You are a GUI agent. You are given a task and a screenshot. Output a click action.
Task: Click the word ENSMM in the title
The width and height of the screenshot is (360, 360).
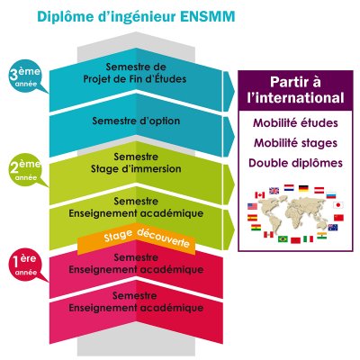(208, 16)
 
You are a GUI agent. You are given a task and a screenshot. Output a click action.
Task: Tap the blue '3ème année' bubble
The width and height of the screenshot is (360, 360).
(26, 76)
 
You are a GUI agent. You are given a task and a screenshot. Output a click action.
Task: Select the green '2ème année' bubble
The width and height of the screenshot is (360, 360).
(26, 169)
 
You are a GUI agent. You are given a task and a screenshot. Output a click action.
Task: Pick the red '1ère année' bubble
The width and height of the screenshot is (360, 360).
(26, 265)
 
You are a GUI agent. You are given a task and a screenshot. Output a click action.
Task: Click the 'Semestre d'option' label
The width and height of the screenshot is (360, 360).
(136, 121)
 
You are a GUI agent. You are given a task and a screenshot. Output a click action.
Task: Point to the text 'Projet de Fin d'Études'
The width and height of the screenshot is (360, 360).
(135, 79)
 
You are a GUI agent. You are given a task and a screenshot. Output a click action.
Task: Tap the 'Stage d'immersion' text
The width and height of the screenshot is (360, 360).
(136, 168)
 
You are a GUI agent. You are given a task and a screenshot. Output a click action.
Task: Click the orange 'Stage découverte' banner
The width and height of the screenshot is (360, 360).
(137, 238)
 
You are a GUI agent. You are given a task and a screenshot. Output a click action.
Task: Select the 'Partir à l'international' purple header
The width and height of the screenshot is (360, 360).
(295, 90)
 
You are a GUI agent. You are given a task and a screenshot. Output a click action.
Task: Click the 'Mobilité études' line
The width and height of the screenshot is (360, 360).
(295, 123)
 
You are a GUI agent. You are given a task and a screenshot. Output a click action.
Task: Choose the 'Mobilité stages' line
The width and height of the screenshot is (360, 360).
(295, 143)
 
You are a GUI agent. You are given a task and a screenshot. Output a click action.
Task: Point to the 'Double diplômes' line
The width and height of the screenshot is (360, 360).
(295, 163)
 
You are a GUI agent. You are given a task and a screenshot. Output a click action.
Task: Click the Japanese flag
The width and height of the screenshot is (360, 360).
(338, 205)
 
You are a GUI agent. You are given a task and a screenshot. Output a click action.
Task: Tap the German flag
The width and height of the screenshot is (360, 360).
(303, 188)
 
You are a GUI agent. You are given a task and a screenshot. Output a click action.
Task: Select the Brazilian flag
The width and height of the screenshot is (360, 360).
(283, 238)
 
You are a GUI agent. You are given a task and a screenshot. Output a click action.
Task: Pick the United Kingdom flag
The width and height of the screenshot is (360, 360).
(274, 191)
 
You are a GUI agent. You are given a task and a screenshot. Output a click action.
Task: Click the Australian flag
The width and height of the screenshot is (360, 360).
(333, 227)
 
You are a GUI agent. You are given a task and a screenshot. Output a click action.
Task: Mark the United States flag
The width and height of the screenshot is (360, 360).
(252, 206)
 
